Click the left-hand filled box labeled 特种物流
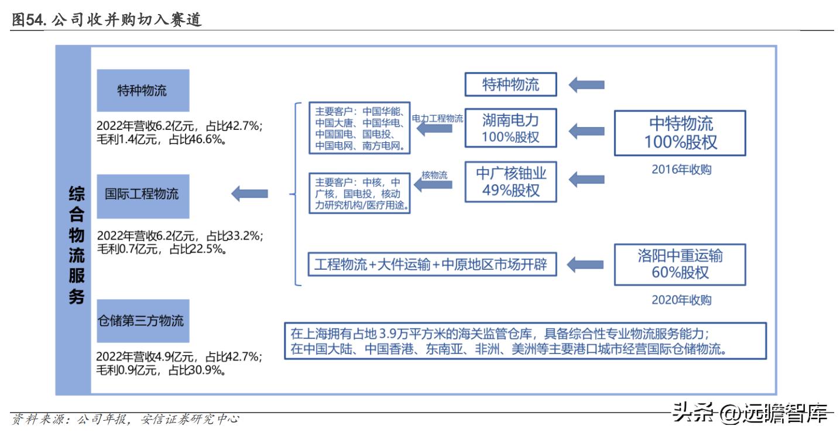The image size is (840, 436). point(143,91)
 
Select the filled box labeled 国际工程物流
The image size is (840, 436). point(143,194)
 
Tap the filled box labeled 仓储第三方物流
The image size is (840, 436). point(143,321)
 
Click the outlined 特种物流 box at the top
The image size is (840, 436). point(510,84)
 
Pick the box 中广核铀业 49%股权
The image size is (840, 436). point(510,182)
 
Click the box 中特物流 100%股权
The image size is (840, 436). point(680,133)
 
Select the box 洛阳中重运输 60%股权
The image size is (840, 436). point(680,265)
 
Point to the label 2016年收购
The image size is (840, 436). point(681,170)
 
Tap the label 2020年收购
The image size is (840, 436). point(681,300)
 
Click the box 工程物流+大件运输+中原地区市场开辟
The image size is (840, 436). point(430,264)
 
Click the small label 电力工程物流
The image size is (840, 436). point(437,118)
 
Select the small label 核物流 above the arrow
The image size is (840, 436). point(434,175)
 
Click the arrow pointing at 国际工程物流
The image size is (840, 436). point(250,194)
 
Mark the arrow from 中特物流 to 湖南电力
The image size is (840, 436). point(587,130)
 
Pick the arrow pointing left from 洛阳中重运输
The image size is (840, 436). point(587,265)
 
